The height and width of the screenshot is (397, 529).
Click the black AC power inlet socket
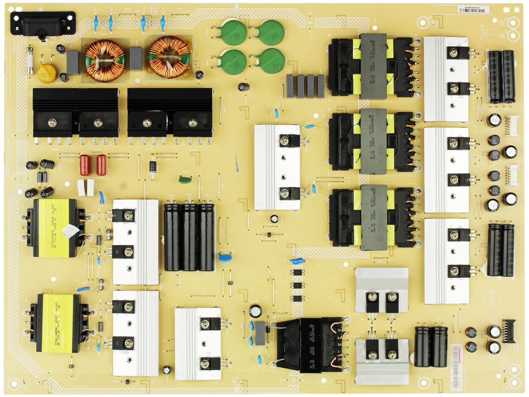point(43,24)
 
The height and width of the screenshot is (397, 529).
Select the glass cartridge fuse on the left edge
point(30,61)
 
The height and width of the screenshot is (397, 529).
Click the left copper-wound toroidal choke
point(105,58)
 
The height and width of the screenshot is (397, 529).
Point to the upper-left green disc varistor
point(233,32)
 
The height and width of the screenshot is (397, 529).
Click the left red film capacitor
point(85,165)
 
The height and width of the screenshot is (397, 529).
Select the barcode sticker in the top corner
point(474,9)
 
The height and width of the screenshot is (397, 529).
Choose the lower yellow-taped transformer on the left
point(58,323)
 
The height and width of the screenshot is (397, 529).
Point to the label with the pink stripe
point(456,366)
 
